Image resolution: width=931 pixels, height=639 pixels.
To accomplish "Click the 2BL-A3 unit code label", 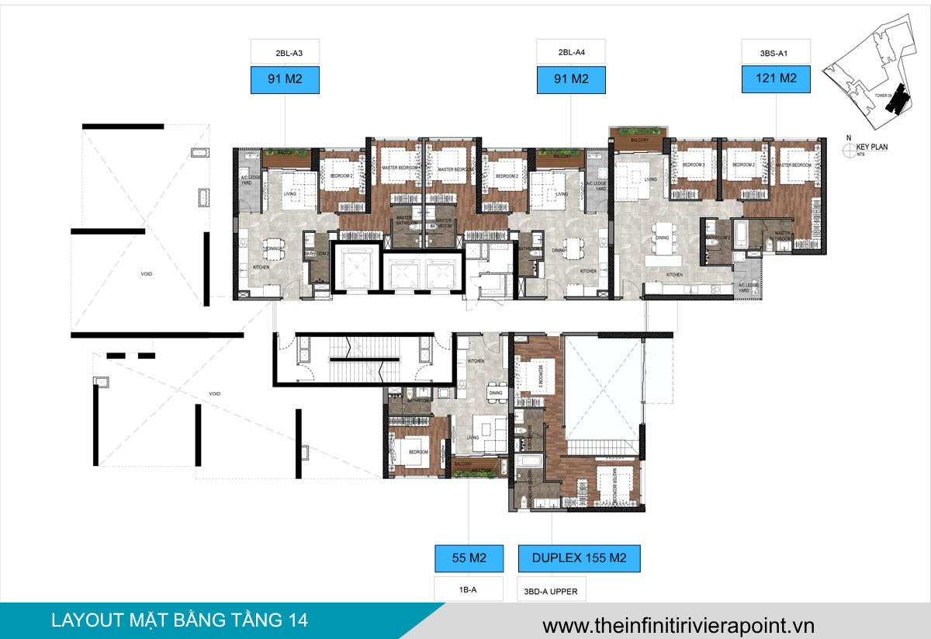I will pyautogui.click(x=285, y=53).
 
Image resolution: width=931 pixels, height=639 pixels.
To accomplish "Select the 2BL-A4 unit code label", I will pyautogui.click(x=571, y=53).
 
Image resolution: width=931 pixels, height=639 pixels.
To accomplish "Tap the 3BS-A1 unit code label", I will pyautogui.click(x=776, y=53).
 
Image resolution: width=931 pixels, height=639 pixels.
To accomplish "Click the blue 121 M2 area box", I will pyautogui.click(x=776, y=78).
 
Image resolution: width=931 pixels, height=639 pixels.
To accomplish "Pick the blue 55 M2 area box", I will pyautogui.click(x=468, y=557).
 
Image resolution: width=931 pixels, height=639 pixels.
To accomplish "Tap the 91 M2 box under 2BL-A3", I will pyautogui.click(x=285, y=79).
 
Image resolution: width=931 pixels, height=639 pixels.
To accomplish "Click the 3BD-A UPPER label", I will pyautogui.click(x=551, y=592).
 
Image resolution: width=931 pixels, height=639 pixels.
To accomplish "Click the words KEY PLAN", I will pyautogui.click(x=873, y=146).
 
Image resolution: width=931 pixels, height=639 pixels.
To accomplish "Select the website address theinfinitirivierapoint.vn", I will pyautogui.click(x=678, y=623).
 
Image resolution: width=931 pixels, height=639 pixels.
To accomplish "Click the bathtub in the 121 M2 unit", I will pyautogui.click(x=741, y=234).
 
